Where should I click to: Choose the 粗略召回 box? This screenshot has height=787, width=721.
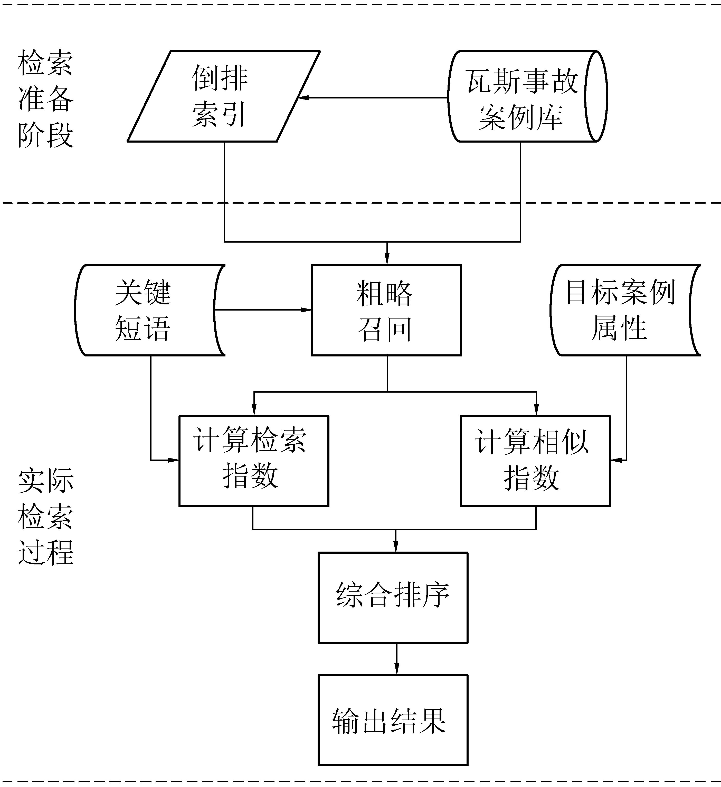[386, 310]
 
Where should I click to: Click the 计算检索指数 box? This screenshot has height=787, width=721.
[254, 461]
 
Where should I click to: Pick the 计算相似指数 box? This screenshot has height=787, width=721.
[535, 461]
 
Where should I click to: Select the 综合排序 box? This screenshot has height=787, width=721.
[393, 597]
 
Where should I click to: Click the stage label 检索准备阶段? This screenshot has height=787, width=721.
[45, 98]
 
